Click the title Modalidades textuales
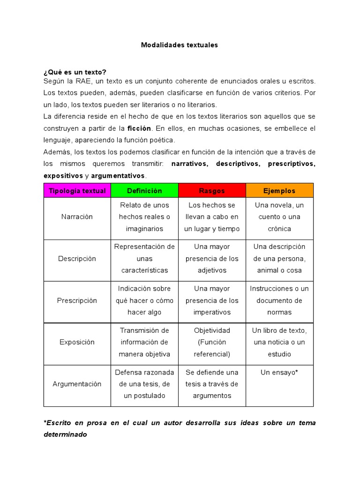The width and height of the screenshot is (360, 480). [180, 45]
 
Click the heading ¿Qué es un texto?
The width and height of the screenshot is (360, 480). [75, 72]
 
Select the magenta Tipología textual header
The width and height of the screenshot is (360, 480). [77, 191]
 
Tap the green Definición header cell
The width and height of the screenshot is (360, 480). [144, 191]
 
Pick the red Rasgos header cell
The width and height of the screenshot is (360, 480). [212, 191]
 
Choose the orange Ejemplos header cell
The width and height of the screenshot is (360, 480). [279, 191]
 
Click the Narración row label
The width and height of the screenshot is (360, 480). [77, 217]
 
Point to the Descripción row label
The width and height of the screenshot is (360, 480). [77, 259]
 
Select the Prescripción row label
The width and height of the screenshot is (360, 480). [77, 300]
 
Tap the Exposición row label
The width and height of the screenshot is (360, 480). [77, 342]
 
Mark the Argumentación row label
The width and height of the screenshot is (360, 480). [77, 384]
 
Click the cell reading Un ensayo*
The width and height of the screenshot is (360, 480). [279, 372]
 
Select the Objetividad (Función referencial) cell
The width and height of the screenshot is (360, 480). [212, 342]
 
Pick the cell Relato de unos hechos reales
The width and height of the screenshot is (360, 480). [144, 217]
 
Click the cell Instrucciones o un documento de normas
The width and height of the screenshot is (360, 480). [279, 300]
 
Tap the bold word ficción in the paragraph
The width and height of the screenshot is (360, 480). [139, 128]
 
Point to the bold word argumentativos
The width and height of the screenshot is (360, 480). [118, 176]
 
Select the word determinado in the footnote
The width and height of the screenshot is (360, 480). [65, 435]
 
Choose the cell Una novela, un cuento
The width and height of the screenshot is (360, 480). [279, 217]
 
